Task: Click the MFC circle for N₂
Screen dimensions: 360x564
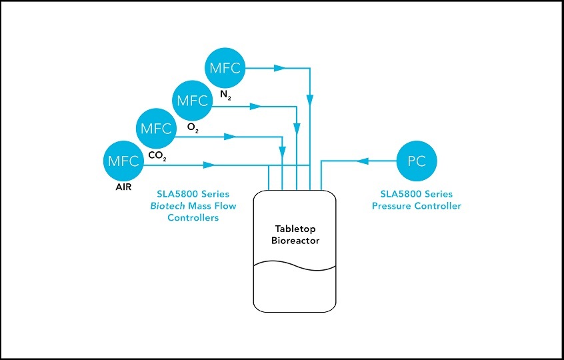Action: [226, 68]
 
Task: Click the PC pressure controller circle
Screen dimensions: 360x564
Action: [417, 161]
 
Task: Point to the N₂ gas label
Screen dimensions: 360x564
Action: [225, 95]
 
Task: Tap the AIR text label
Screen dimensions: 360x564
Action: [124, 189]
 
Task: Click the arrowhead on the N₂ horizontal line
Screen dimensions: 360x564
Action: [279, 68]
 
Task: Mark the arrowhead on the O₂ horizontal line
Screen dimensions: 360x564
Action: [254, 107]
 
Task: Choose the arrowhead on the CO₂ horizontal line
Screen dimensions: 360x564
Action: [229, 137]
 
